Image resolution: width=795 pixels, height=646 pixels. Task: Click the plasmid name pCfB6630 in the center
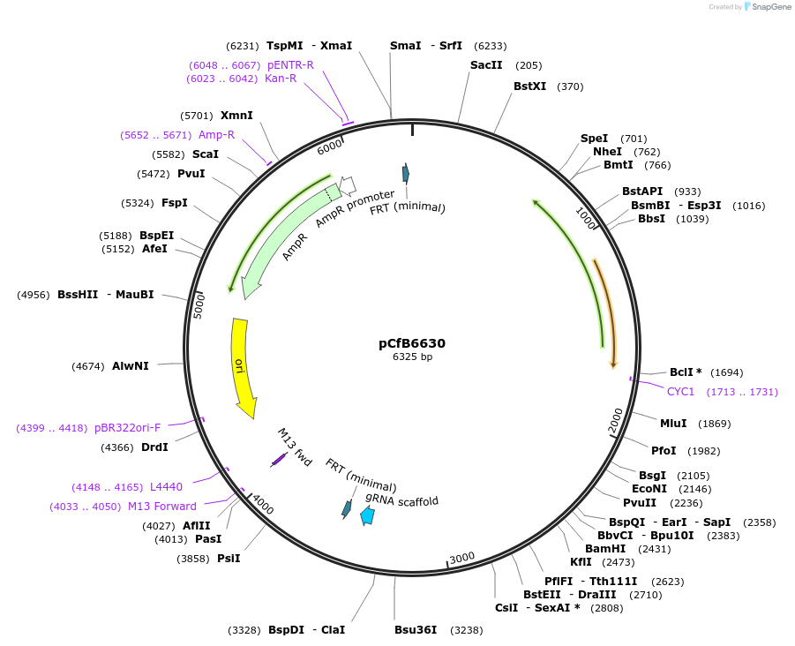(412, 343)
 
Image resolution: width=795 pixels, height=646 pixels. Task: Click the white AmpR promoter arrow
(347, 184)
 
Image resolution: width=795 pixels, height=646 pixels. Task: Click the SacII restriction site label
(487, 65)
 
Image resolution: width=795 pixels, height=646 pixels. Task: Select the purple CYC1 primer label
(680, 391)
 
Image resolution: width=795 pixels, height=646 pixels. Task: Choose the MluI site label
(673, 424)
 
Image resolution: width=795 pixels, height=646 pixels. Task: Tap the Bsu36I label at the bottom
(416, 630)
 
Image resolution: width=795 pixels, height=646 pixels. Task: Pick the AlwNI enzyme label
(131, 366)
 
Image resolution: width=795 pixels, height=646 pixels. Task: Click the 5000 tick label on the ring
(199, 306)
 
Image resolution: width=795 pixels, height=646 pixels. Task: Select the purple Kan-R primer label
(281, 79)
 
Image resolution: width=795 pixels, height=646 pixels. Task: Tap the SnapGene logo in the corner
(767, 7)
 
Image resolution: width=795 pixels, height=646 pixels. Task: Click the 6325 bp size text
(412, 357)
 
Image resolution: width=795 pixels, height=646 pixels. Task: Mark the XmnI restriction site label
(236, 116)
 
